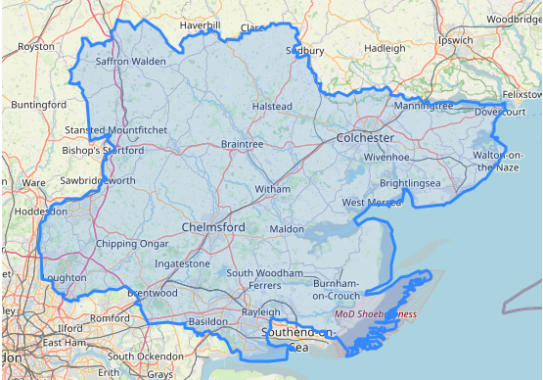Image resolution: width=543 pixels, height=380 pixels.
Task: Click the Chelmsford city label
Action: (213, 227)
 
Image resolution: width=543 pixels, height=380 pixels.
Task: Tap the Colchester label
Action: (365, 138)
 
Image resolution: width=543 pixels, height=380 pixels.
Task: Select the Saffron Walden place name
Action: (131, 61)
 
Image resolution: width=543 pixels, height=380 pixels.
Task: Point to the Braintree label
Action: (243, 144)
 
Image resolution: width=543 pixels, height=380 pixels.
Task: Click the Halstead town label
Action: (272, 106)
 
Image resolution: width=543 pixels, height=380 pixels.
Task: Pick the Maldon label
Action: (287, 228)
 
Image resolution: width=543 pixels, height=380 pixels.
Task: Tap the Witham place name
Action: (272, 188)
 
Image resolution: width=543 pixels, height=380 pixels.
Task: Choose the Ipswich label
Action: (455, 41)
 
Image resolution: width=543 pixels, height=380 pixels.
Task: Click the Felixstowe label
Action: (520, 94)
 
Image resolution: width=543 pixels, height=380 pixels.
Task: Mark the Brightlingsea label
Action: (410, 183)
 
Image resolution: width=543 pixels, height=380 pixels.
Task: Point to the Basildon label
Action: (207, 321)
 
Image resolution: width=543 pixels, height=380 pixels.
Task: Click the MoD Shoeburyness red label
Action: (376, 314)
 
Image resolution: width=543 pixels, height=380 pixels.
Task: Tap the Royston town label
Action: (36, 46)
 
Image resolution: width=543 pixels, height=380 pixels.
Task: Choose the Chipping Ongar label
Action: (125, 244)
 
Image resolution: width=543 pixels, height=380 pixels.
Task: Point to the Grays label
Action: (159, 374)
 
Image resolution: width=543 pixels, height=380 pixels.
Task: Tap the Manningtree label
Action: (423, 105)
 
